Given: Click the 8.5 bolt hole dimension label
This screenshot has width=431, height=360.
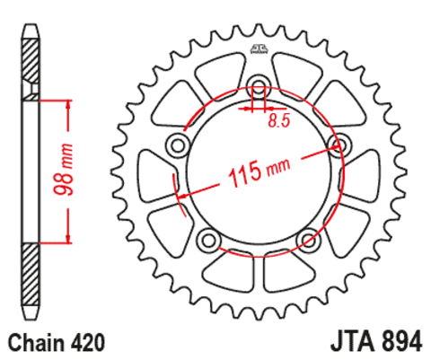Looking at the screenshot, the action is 279,120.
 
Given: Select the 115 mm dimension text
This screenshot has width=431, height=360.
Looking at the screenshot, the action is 259,172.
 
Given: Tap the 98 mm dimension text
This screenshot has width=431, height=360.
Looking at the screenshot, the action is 63,170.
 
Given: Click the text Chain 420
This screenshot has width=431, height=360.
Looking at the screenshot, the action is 57,343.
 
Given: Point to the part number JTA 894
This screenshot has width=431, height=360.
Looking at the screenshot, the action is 376,341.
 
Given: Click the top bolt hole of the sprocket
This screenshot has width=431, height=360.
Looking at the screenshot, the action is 259,85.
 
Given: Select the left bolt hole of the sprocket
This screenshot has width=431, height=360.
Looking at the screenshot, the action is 178,145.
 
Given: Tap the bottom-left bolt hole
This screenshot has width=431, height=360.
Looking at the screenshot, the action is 209,240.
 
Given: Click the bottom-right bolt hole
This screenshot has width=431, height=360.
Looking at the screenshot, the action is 309,240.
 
